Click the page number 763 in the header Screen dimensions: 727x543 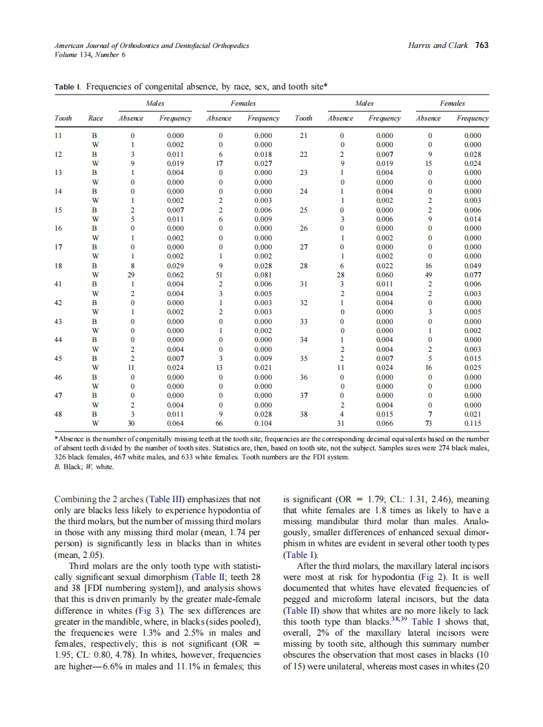[481, 45]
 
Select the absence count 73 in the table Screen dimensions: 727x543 [428, 423]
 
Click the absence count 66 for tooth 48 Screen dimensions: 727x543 [218, 423]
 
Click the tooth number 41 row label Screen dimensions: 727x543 [59, 284]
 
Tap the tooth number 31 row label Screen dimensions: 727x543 [303, 284]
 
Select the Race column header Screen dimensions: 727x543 [95, 119]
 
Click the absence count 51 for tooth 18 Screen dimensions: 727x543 [218, 275]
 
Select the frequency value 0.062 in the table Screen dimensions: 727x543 [175, 275]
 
